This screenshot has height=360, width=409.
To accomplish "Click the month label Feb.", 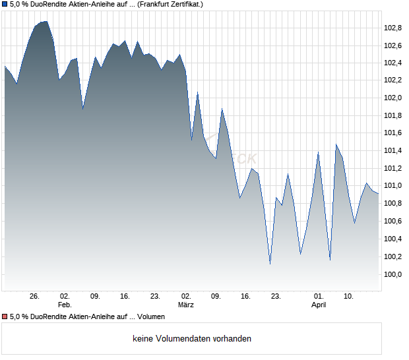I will coord(65,305).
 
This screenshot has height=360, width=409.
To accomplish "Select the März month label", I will coord(186,305).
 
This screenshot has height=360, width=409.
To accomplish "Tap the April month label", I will coord(319,305).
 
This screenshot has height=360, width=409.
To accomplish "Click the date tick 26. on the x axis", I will coord(35,296).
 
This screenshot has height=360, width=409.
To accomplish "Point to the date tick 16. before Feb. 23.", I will coord(125,296).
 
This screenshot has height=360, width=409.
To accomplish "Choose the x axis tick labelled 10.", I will coord(349,296).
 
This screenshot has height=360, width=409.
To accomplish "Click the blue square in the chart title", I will coord(5,5).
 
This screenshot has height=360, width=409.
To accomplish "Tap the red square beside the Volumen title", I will coord(5,317).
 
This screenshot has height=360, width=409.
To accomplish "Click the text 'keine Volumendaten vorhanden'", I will coord(192,339).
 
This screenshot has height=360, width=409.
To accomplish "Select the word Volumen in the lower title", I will coord(151,317).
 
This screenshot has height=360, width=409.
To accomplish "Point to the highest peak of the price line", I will coord(45,21).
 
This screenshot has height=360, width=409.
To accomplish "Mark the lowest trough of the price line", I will coord(270,264).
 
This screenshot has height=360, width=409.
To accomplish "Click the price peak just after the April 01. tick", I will coord(336,144).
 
